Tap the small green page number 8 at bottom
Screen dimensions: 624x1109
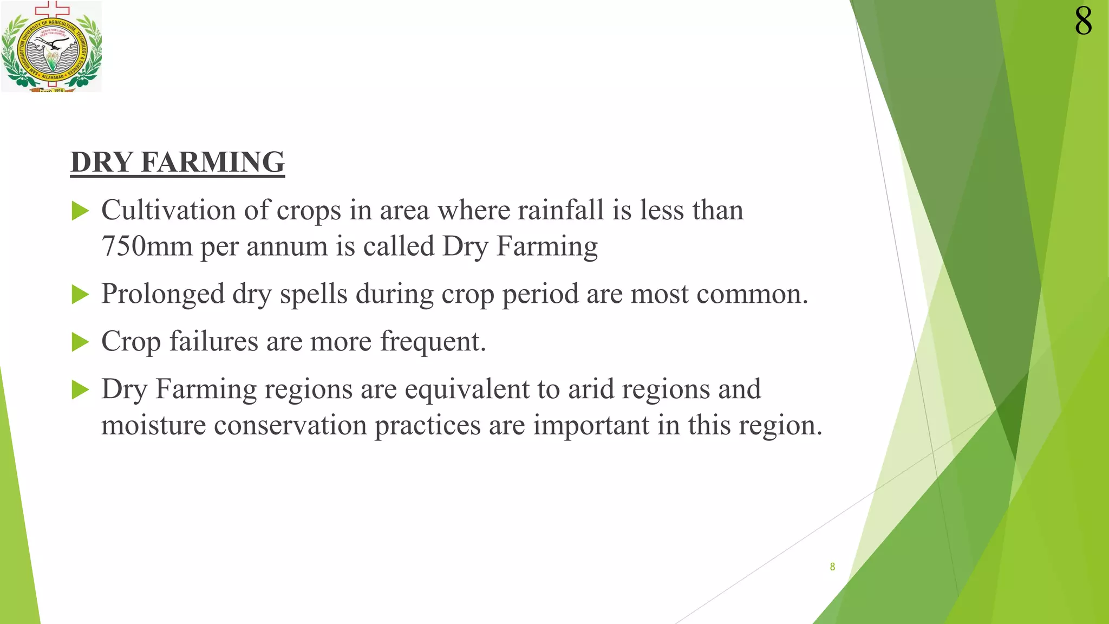pyautogui.click(x=832, y=567)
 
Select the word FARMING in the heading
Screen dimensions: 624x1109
pyautogui.click(x=212, y=162)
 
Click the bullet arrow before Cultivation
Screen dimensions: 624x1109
pyautogui.click(x=80, y=211)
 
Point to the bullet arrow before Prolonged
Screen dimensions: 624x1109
pyautogui.click(x=80, y=295)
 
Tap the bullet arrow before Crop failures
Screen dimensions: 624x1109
pyautogui.click(x=80, y=342)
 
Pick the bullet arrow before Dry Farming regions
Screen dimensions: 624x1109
pyautogui.click(x=80, y=389)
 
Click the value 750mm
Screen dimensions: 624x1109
pyautogui.click(x=147, y=246)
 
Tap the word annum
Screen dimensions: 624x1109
pyautogui.click(x=287, y=246)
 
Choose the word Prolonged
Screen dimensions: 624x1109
pyautogui.click(x=163, y=295)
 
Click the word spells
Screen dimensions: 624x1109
pyautogui.click(x=314, y=295)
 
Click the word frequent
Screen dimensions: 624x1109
pyautogui.click(x=432, y=341)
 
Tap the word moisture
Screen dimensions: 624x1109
pyautogui.click(x=153, y=425)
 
